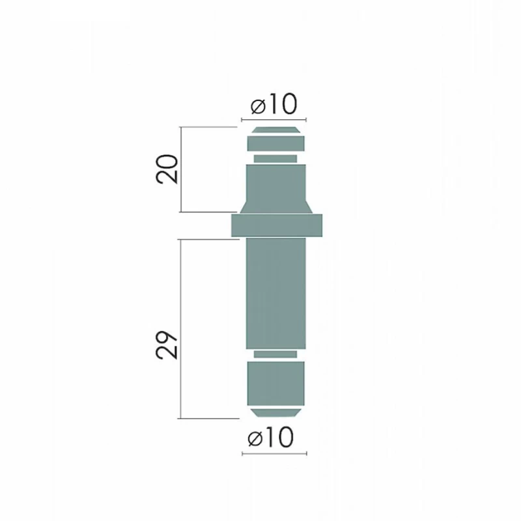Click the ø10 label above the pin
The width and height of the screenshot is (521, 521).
click(274, 104)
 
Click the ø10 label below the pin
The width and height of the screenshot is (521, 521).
click(271, 438)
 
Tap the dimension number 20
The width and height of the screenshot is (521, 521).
click(167, 169)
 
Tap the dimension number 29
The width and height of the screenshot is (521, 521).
click(167, 345)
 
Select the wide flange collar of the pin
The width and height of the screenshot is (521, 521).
click(277, 225)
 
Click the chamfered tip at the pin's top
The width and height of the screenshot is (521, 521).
click(275, 130)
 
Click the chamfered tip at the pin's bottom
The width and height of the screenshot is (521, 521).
click(275, 413)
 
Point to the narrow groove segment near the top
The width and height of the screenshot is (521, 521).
click(275, 158)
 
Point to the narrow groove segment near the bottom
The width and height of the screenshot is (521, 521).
click(275, 354)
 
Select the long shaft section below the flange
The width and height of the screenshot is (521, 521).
click(275, 294)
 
